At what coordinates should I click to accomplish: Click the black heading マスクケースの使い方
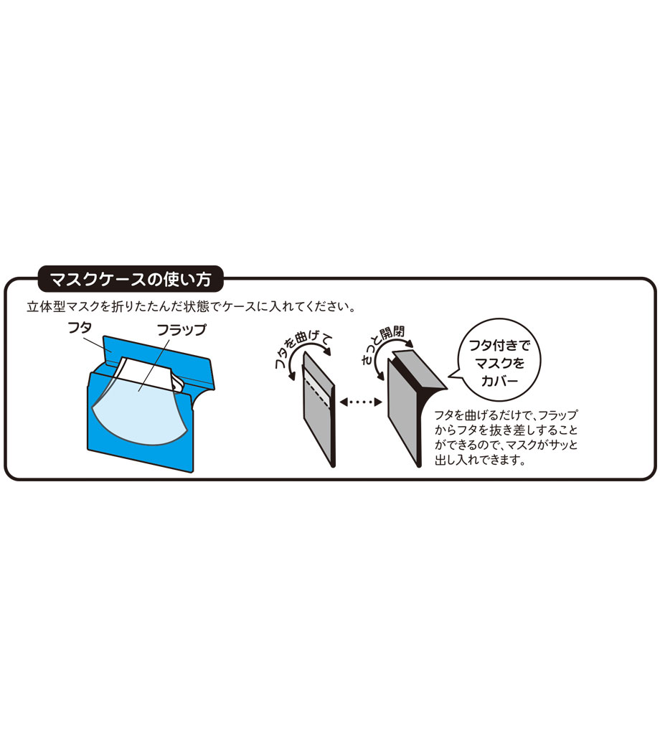pos(131,279)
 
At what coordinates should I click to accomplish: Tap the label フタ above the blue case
pos(80,328)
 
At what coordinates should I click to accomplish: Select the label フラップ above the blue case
pos(181,330)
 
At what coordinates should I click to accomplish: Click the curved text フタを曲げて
pos(303,349)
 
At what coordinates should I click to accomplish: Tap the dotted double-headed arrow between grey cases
pos(361,402)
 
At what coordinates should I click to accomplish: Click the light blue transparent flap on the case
pos(138,408)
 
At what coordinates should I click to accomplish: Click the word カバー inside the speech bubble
pos(499,381)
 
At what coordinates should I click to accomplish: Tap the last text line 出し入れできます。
pos(480,460)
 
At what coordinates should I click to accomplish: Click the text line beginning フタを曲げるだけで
pos(505,415)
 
